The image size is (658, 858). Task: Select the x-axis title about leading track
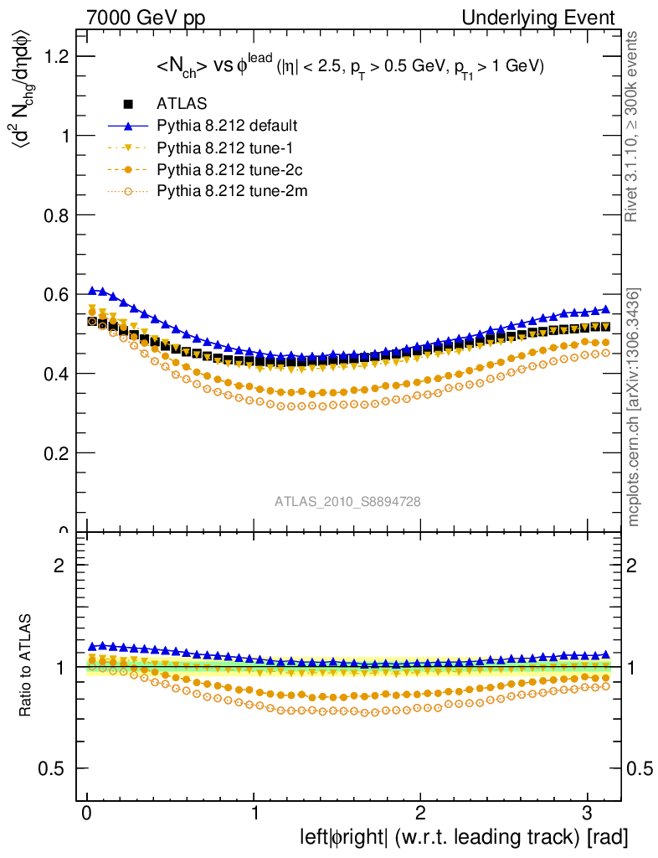coord(464,837)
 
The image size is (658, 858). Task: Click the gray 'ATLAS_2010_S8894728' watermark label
coord(347,502)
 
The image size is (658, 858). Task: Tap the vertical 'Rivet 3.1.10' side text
coord(634,126)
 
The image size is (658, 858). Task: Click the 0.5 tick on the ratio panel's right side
coord(642,768)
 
